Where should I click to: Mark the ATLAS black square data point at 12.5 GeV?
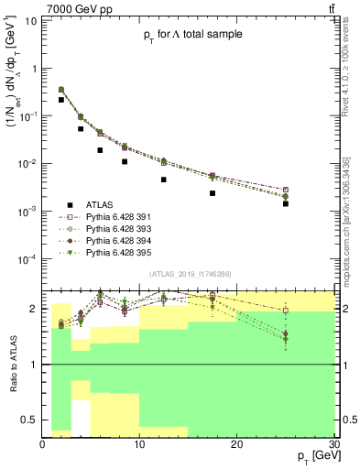pyautogui.click(x=163, y=180)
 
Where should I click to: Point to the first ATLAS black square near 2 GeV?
pyautogui.click(x=61, y=100)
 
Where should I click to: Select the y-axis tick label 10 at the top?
pyautogui.click(x=31, y=21)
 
